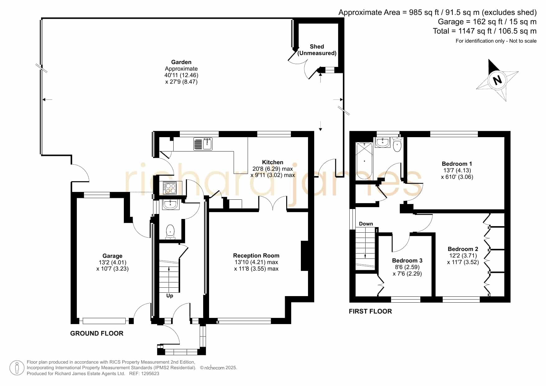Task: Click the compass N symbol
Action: click(497, 80)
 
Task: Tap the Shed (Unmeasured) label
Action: click(317, 50)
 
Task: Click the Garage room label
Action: click(112, 256)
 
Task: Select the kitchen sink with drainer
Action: click(203, 144)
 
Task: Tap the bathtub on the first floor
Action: click(364, 161)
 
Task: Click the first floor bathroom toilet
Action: click(397, 145)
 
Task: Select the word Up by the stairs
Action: click(170, 295)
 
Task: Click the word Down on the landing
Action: click(366, 224)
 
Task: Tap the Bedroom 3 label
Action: click(407, 261)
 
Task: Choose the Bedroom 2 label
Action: click(463, 249)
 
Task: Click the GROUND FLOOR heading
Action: click(97, 333)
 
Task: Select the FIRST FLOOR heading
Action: click(370, 311)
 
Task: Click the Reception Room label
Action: click(256, 255)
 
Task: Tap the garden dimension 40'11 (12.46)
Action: click(181, 75)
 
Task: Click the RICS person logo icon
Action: click(17, 368)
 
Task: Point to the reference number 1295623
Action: click(150, 374)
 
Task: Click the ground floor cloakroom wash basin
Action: click(170, 205)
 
